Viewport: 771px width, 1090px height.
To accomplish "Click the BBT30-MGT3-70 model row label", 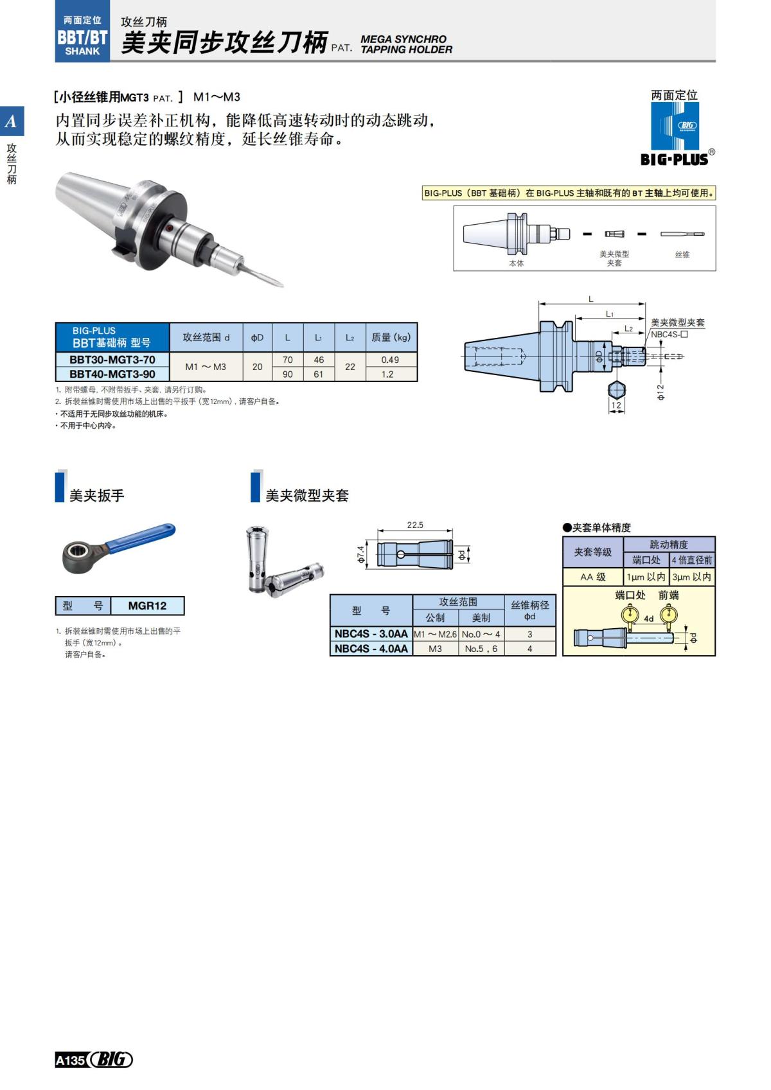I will pyautogui.click(x=112, y=360).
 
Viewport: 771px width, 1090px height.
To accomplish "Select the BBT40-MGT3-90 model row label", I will pyautogui.click(x=112, y=374).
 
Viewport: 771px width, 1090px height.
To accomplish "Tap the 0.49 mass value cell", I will pyautogui.click(x=390, y=360).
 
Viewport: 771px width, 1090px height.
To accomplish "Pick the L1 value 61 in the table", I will pyautogui.click(x=318, y=374).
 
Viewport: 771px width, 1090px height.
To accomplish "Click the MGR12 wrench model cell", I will pyautogui.click(x=147, y=606).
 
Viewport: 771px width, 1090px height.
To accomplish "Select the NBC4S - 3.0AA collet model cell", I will pyautogui.click(x=371, y=634).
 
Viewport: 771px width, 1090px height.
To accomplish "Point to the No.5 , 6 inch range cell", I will pyautogui.click(x=481, y=649).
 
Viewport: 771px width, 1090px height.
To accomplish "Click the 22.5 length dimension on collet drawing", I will pyautogui.click(x=415, y=525).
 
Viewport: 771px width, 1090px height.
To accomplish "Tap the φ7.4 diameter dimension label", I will pyautogui.click(x=361, y=554).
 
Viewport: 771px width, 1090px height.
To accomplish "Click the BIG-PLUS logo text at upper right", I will pyautogui.click(x=674, y=159).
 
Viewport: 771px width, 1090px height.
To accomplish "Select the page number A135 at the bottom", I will pyautogui.click(x=71, y=1060).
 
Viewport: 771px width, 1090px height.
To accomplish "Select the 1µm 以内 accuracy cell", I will pyautogui.click(x=646, y=577).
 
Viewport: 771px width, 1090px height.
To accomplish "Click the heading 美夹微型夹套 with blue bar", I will pyautogui.click(x=306, y=495).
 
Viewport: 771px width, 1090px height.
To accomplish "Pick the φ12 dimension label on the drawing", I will pyautogui.click(x=660, y=392).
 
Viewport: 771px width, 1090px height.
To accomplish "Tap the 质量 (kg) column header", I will pyautogui.click(x=390, y=337).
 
